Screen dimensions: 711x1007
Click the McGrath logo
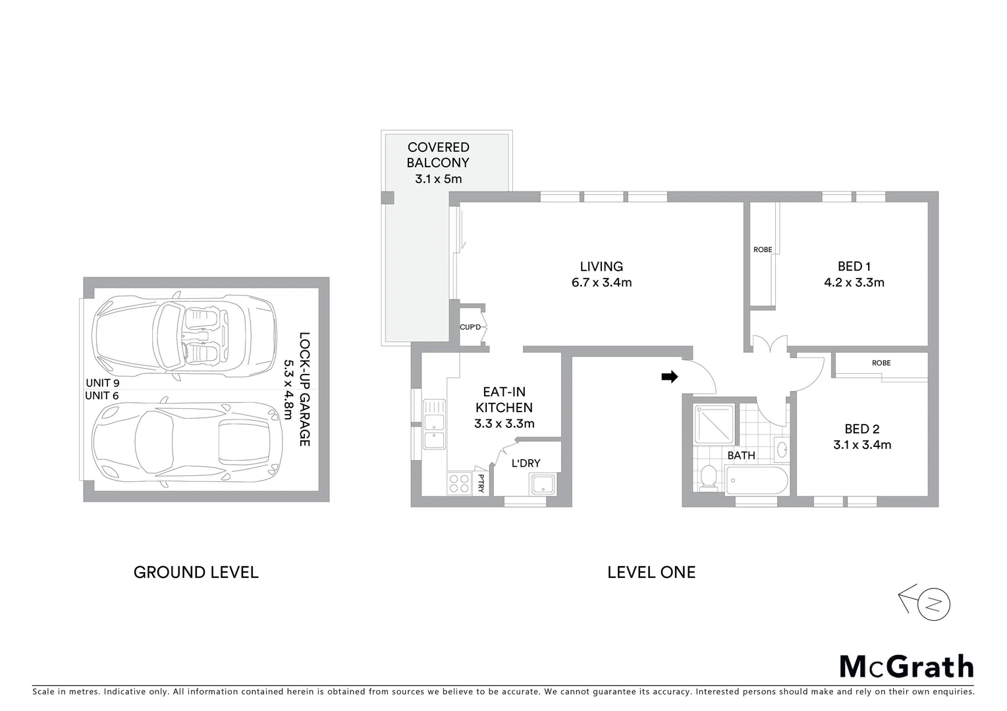coord(906,666)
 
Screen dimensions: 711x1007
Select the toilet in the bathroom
coord(709,477)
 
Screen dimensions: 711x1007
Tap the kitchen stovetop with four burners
coord(459,484)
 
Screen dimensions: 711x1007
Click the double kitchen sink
coord(434,424)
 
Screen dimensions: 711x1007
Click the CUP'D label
coord(470,327)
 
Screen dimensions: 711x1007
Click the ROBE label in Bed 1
coord(763,250)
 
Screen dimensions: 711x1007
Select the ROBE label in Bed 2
coord(881,363)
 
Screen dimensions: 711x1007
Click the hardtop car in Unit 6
coord(187,443)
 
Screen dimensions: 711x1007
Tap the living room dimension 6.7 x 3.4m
coord(601,282)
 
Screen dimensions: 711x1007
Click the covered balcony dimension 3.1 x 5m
coord(438,178)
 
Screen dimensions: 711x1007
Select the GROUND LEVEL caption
coord(196,573)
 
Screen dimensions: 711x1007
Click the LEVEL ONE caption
coord(651,573)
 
